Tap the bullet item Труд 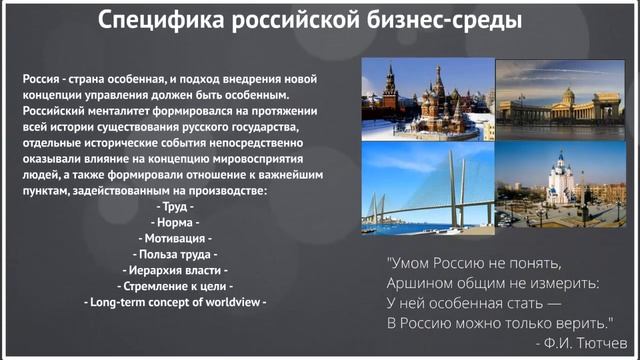coord(175,206)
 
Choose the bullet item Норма coord(175,222)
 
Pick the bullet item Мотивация coord(175,238)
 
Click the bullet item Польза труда coord(175,254)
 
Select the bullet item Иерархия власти coord(175,270)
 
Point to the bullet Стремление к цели coord(175,286)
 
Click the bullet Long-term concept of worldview coord(175,302)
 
